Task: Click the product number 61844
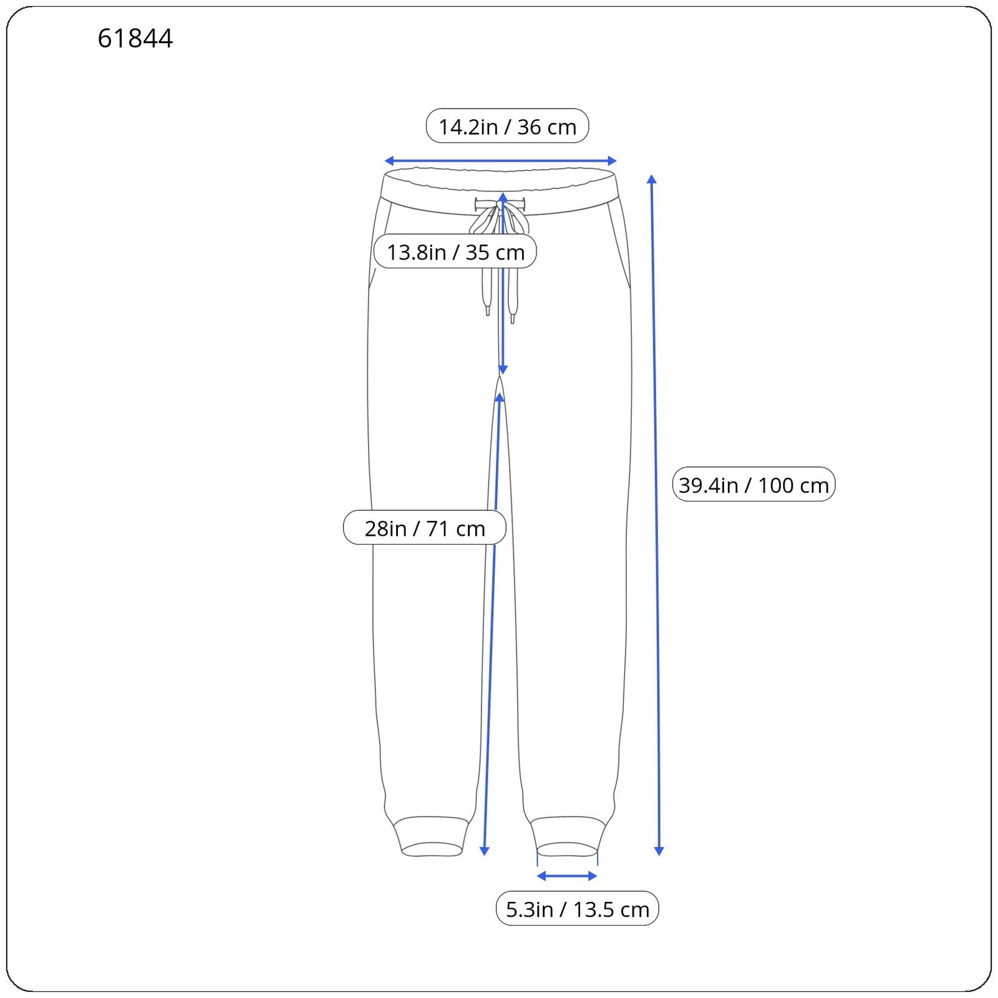(135, 39)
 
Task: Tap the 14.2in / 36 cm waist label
(507, 127)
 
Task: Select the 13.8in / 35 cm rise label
(455, 252)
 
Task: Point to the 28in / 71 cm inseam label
(425, 528)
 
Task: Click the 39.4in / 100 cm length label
(753, 485)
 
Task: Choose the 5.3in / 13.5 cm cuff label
(578, 909)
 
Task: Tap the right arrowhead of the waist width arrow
(613, 161)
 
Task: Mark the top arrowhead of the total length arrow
(652, 180)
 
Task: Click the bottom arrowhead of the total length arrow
(659, 851)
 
